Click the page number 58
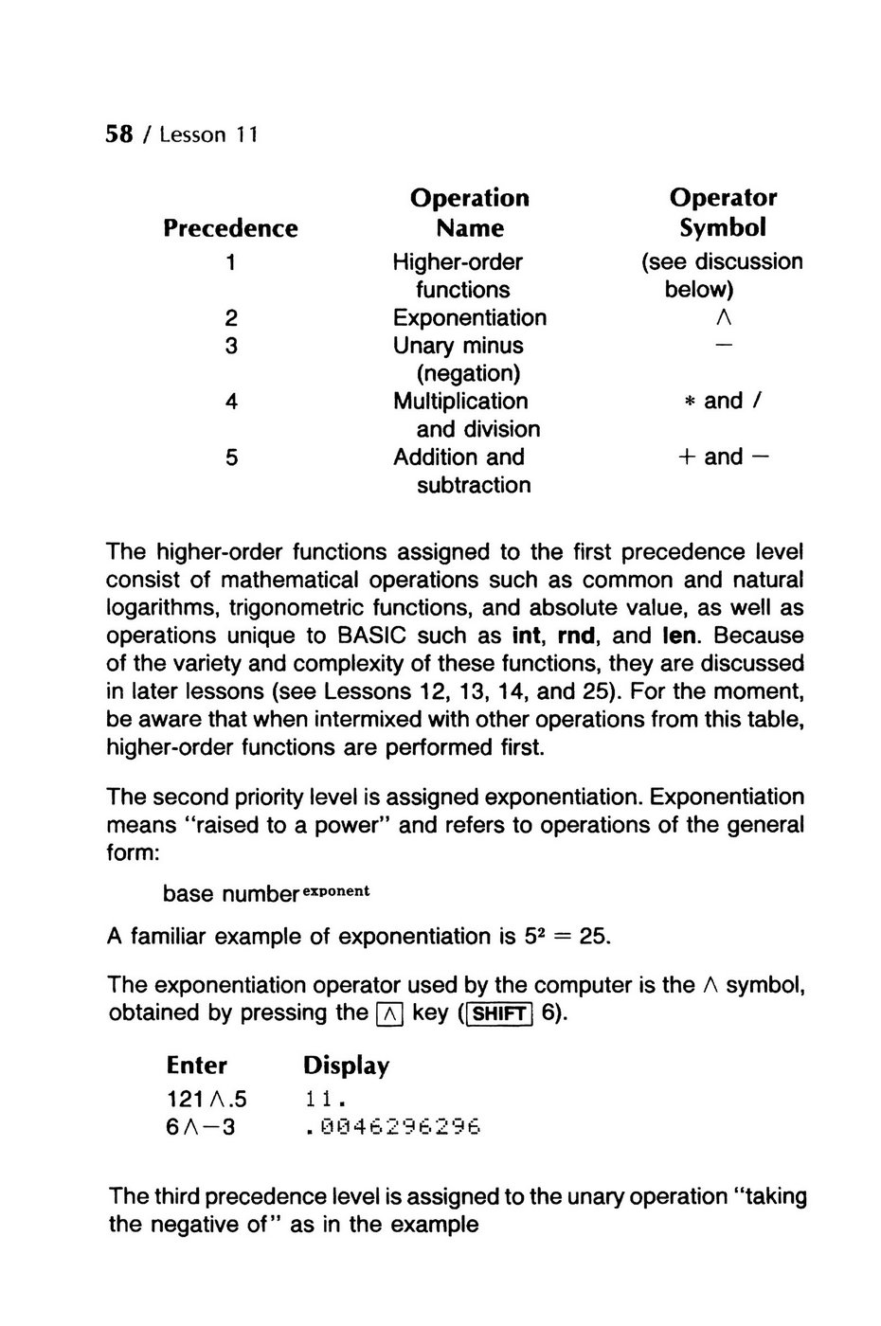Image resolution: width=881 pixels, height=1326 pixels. (x=118, y=134)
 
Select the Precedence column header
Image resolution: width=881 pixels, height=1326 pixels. (x=230, y=228)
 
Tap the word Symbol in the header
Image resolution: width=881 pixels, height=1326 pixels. (x=722, y=228)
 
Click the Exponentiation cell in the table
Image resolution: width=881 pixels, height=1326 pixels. (x=469, y=318)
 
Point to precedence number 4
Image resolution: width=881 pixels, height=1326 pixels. (x=231, y=402)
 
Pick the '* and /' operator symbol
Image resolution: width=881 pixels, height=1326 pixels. (x=723, y=401)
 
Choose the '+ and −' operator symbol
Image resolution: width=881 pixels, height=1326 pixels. (x=723, y=457)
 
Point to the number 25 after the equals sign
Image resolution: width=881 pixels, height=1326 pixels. (x=593, y=937)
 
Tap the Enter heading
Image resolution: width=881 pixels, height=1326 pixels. (x=196, y=1066)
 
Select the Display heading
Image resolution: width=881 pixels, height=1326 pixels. (x=346, y=1066)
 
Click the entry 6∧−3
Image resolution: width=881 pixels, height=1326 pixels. (x=200, y=1127)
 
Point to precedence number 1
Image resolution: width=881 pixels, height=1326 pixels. (x=231, y=262)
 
